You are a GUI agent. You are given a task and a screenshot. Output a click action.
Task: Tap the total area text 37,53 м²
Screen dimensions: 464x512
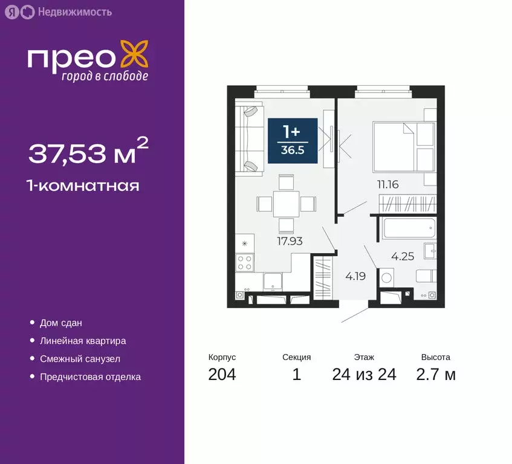coord(88,152)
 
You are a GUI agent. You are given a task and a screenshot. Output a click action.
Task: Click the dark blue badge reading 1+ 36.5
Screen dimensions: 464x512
coord(293,141)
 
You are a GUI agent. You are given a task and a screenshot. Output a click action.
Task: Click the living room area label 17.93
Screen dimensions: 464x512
coord(290,240)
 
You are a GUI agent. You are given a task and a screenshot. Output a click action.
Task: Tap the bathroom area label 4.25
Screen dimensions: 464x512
coord(403,256)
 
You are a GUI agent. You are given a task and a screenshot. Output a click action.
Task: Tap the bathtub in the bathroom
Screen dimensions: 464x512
coord(408,229)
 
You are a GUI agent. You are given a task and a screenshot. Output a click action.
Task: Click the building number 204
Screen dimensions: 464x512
coord(222,375)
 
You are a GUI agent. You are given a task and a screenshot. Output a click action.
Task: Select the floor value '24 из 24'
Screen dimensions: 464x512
coord(364,375)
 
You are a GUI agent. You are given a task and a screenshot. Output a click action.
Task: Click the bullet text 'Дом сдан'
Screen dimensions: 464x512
coord(61,323)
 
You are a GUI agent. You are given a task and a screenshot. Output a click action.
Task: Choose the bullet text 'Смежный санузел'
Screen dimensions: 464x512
coord(80,359)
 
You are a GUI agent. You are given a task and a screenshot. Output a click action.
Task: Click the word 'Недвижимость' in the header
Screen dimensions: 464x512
coord(66,11)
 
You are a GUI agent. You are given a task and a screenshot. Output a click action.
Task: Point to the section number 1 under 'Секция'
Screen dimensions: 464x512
coord(296,375)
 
